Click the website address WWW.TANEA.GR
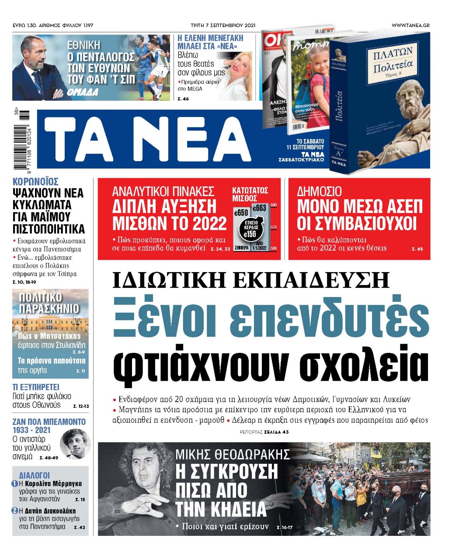[410, 25]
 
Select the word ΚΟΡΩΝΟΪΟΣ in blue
[35, 182]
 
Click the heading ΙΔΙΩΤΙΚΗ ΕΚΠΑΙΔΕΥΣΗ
[250, 280]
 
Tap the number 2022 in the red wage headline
[209, 223]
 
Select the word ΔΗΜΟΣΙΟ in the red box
[320, 191]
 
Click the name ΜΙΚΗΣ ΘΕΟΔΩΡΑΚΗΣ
[233, 455]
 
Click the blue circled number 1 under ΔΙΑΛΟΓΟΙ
[14, 484]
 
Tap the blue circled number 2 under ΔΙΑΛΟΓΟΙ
[14, 511]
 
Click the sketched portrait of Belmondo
[75, 444]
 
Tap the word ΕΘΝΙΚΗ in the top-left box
[83, 45]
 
